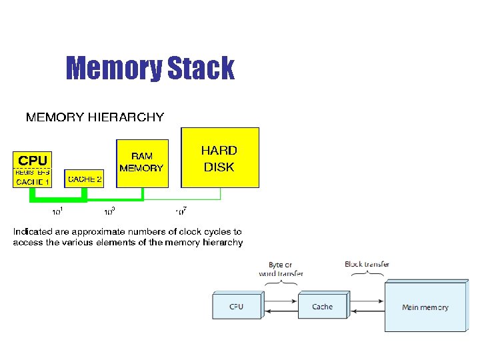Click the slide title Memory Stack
[x=150, y=68]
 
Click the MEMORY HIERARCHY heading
[x=95, y=118]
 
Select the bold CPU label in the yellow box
[x=33, y=161]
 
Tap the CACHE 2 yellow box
[x=85, y=179]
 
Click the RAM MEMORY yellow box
[x=142, y=163]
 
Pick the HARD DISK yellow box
[x=219, y=159]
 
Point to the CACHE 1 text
[x=33, y=181]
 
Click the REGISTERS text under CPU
[x=33, y=172]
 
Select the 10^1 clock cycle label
[x=58, y=213]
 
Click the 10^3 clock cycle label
[x=109, y=213]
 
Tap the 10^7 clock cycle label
[x=181, y=212]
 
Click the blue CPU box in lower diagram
[x=237, y=307]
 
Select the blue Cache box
[x=323, y=307]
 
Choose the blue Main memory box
[x=425, y=307]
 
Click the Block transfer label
[x=367, y=264]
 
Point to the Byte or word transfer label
[x=281, y=269]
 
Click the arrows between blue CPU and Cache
[x=280, y=307]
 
